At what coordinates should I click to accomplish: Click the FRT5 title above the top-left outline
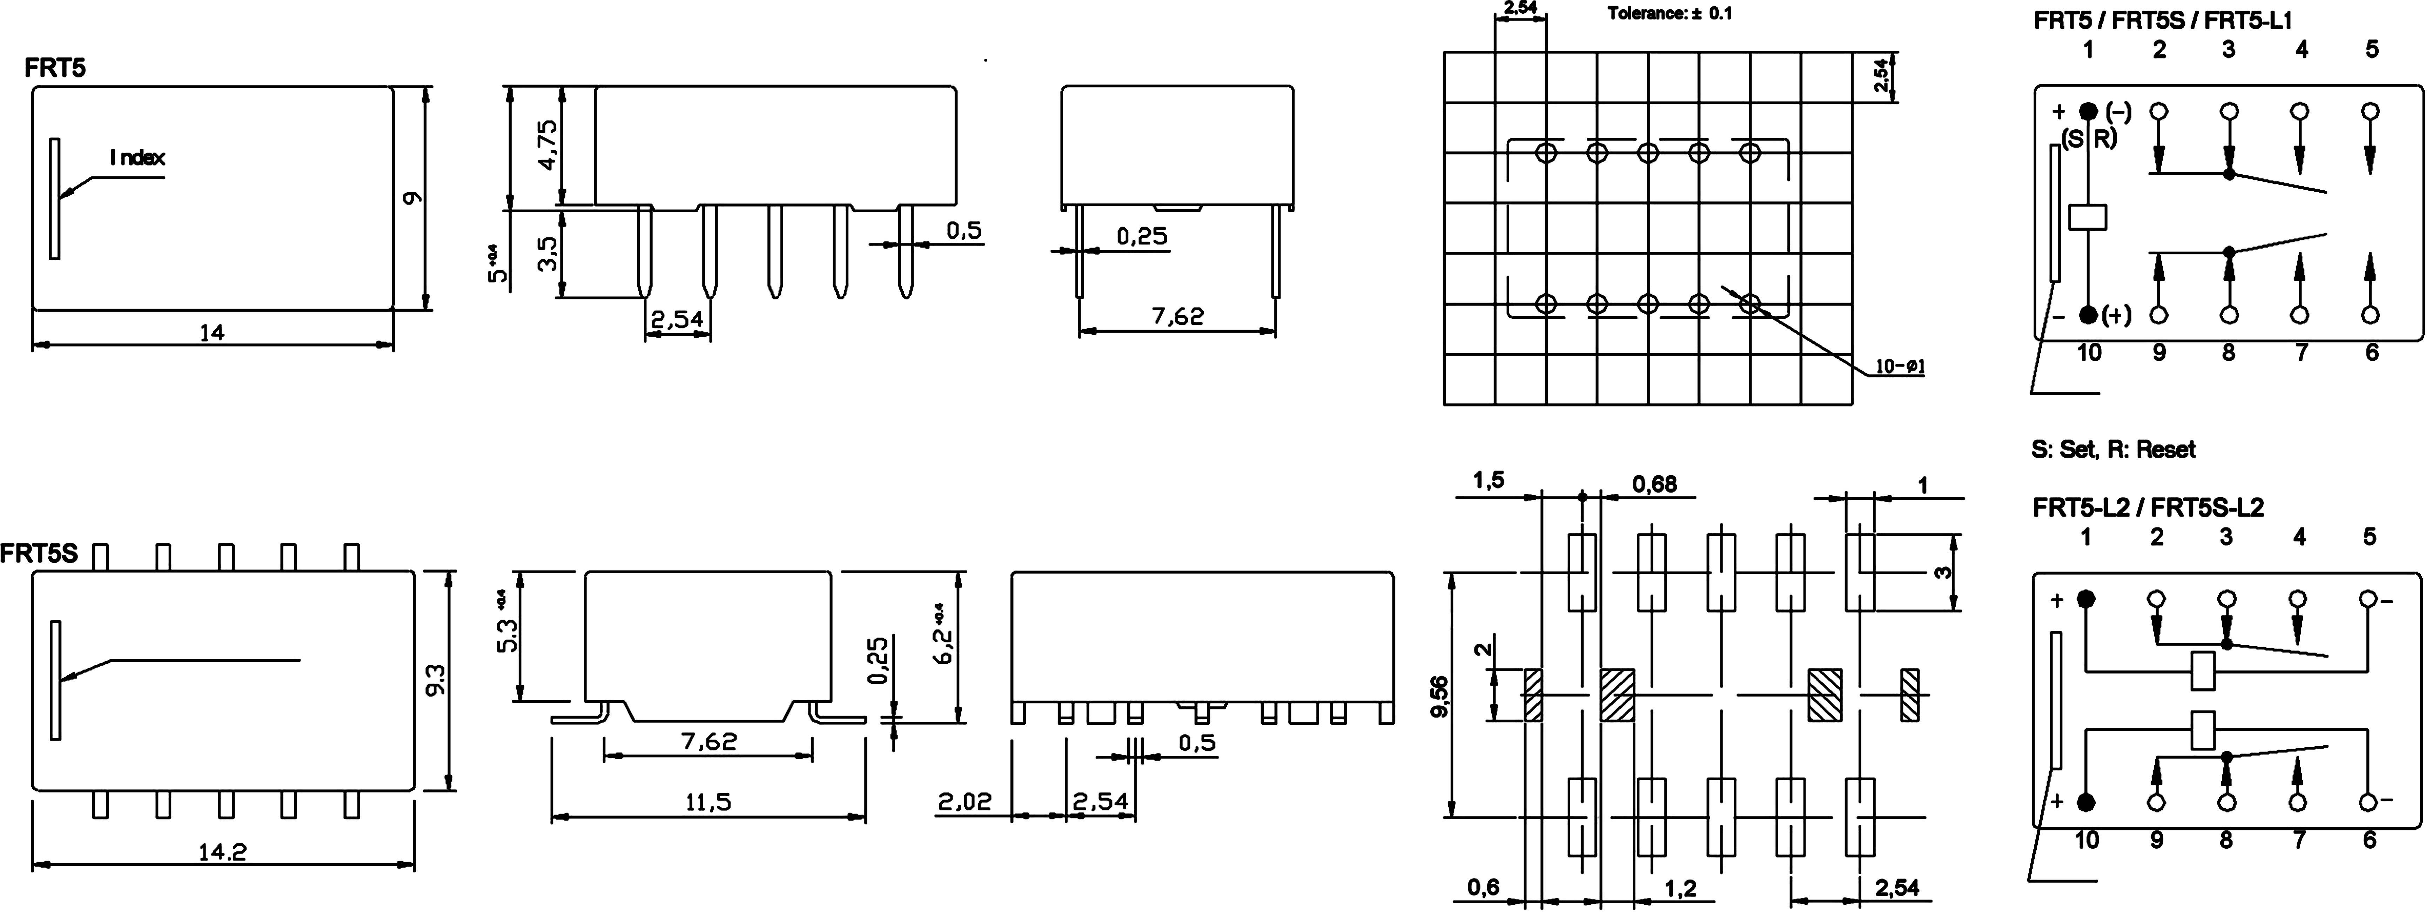point(55,68)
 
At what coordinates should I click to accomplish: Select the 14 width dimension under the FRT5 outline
point(213,332)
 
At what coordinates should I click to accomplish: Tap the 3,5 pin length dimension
point(547,253)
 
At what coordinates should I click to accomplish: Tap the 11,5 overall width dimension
point(708,803)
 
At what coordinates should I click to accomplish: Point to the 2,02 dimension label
point(965,802)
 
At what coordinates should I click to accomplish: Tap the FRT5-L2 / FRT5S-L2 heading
point(2148,507)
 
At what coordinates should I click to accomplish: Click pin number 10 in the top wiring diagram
point(2089,352)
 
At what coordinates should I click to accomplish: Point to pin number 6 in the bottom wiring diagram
point(2370,840)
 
